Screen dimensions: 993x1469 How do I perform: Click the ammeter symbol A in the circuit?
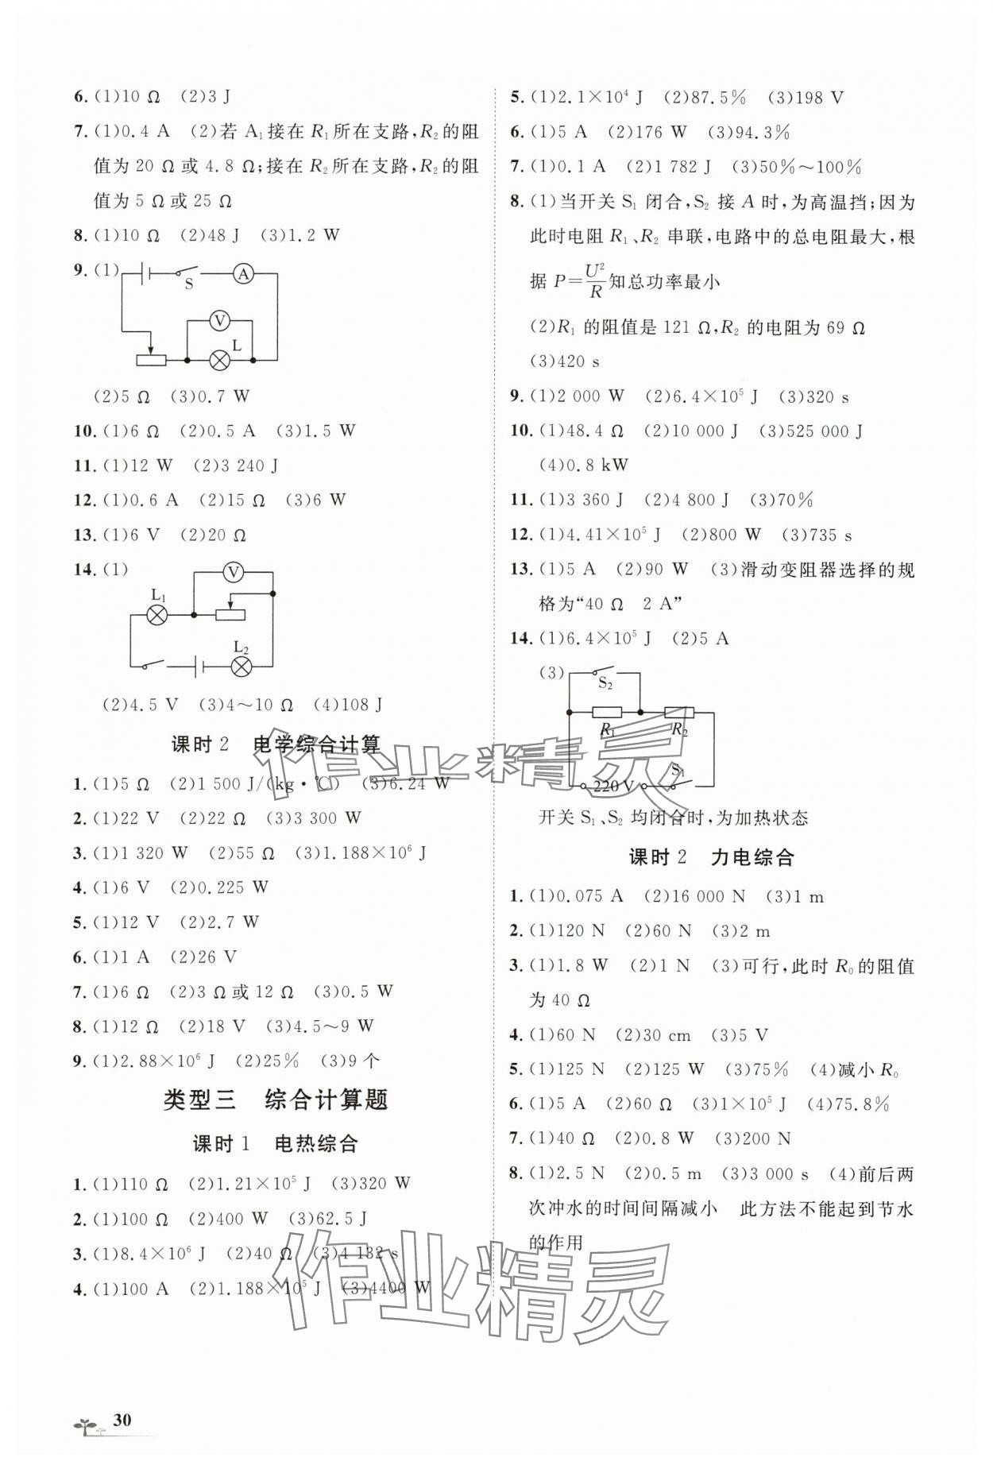[244, 274]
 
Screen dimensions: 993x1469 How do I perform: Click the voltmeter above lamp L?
[219, 320]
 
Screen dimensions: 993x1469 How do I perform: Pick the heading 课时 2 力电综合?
[711, 857]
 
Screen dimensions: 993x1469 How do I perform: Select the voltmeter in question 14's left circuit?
[232, 571]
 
